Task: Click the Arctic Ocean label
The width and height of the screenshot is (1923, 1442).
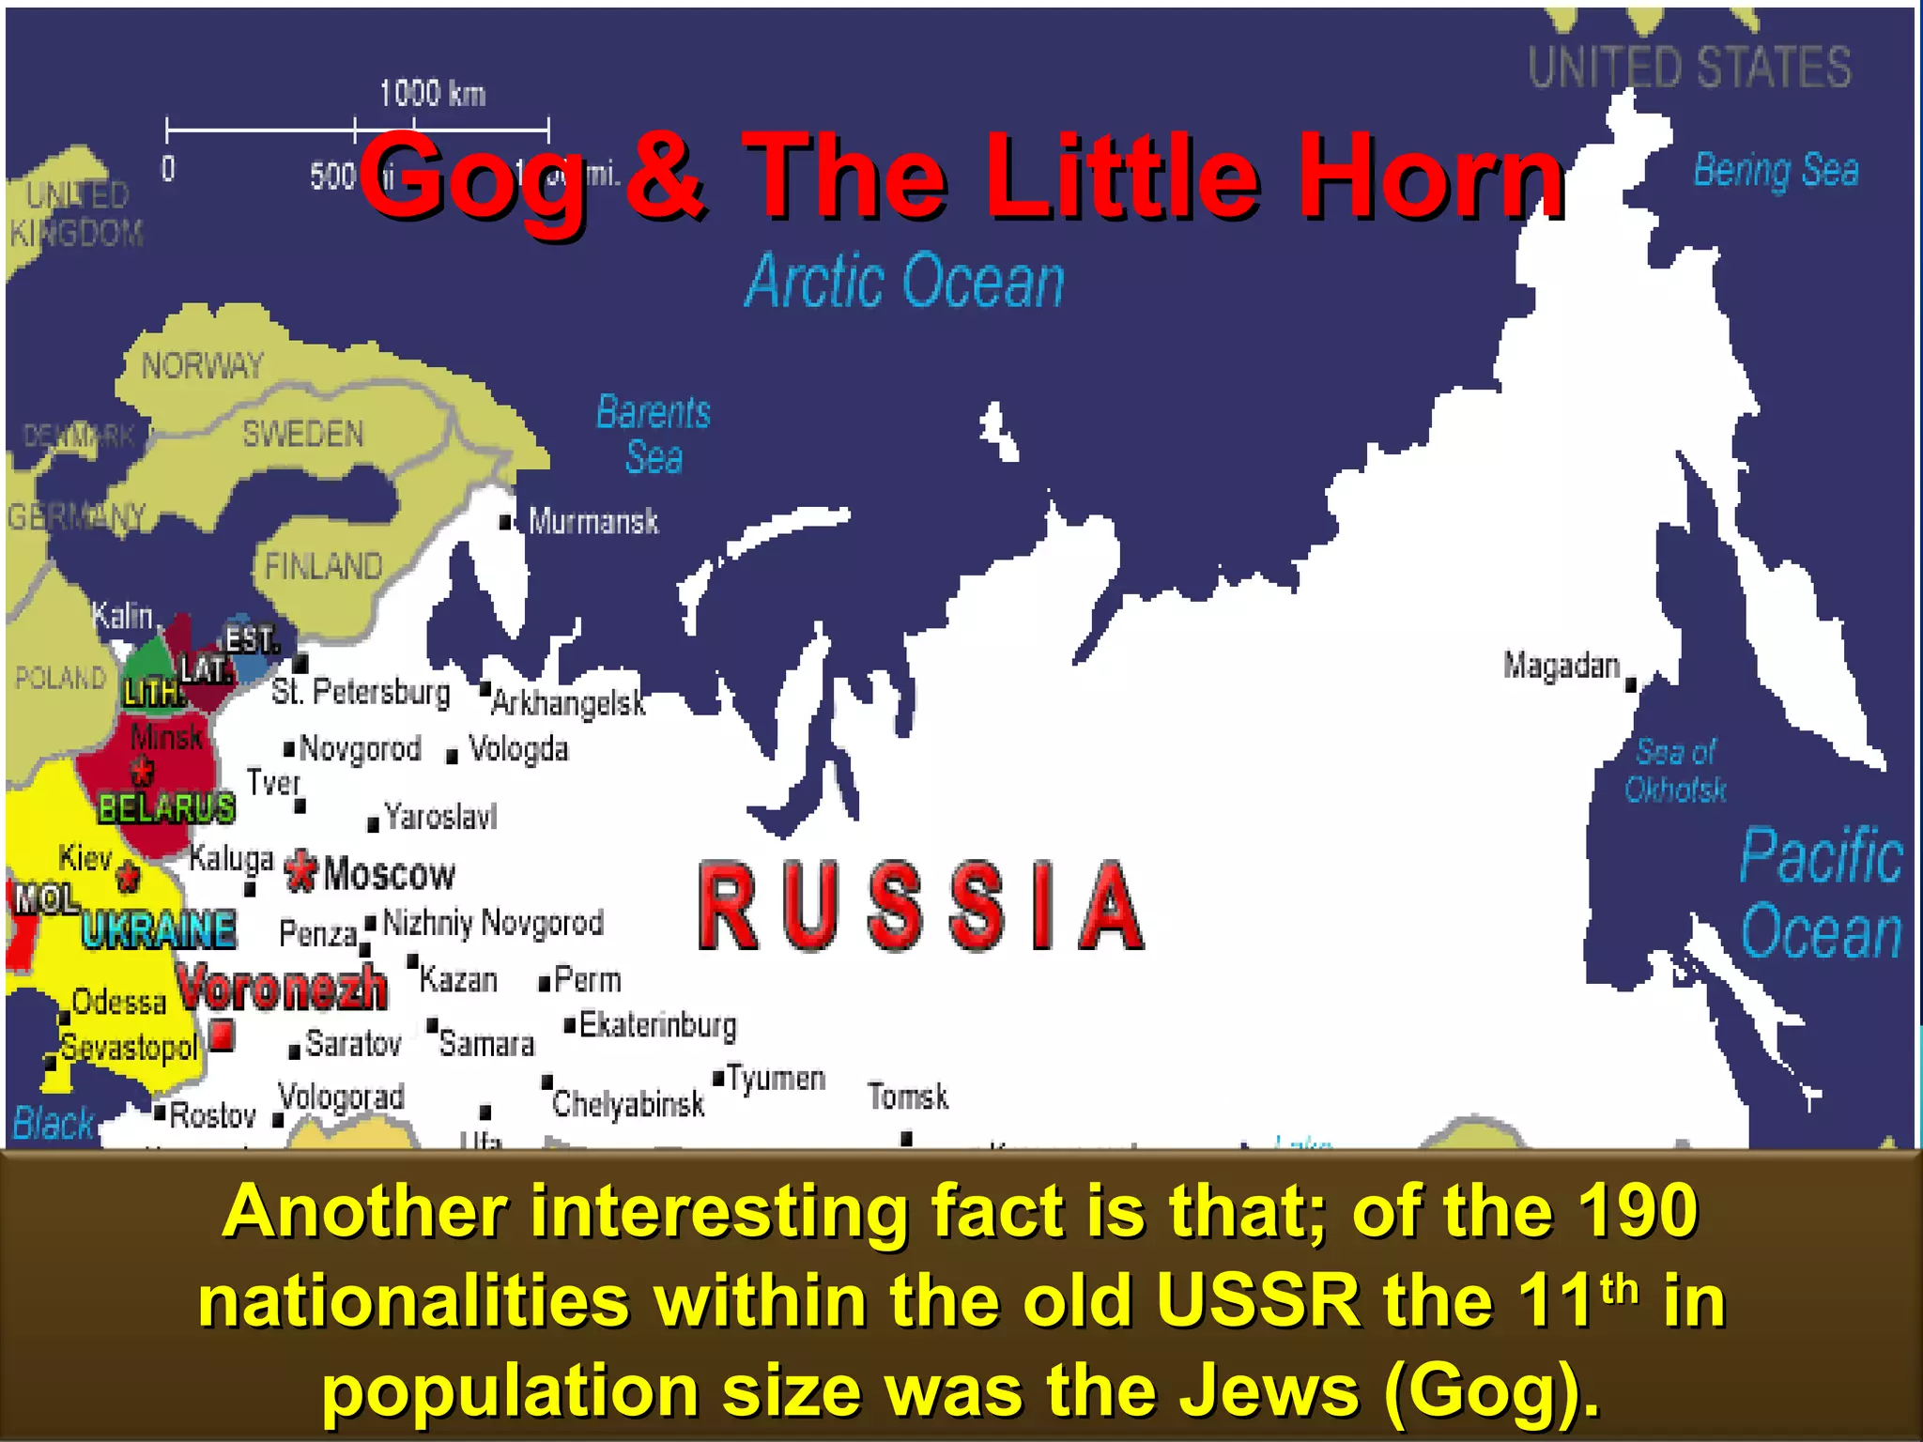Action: [904, 281]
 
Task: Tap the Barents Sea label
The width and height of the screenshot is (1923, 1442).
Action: [654, 435]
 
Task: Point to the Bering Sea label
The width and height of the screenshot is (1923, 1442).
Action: [1776, 171]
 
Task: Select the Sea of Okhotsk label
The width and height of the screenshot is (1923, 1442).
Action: [1676, 770]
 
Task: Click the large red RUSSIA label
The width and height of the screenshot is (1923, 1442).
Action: [921, 907]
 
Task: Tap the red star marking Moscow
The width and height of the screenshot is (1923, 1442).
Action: [300, 871]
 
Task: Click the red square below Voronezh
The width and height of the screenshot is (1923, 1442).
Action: [222, 1035]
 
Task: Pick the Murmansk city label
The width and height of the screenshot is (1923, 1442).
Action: [593, 521]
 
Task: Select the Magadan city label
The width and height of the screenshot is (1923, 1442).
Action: [1561, 666]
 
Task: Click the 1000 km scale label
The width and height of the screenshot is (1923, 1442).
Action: [432, 94]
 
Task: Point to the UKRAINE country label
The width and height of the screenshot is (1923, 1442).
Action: [158, 930]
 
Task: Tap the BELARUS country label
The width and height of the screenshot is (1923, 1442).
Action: [166, 808]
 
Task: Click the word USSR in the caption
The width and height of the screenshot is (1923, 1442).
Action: [1258, 1301]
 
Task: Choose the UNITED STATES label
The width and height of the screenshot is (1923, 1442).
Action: [1689, 68]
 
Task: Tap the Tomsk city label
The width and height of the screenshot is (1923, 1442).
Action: [908, 1097]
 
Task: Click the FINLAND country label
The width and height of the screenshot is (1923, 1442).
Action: [323, 567]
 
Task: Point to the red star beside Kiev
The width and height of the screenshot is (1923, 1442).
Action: [129, 876]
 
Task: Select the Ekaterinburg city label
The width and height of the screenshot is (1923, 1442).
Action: [657, 1025]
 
